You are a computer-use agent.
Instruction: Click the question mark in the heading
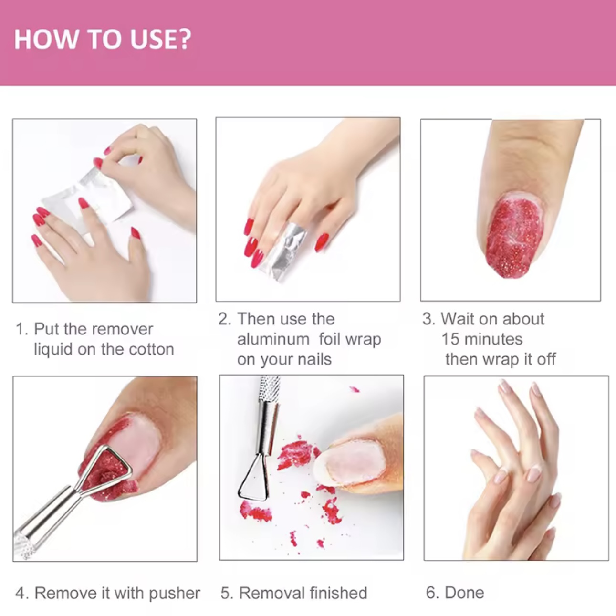(184, 39)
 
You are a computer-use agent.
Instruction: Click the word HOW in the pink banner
(46, 39)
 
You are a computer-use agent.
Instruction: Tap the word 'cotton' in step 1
(151, 349)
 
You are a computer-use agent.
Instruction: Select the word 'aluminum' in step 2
(273, 339)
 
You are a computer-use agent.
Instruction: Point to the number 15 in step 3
(450, 339)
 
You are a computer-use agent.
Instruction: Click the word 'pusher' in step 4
(175, 594)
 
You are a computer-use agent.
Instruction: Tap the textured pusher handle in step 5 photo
(270, 388)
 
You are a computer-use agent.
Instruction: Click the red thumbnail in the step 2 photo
(322, 242)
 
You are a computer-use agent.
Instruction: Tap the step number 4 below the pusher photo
(20, 593)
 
